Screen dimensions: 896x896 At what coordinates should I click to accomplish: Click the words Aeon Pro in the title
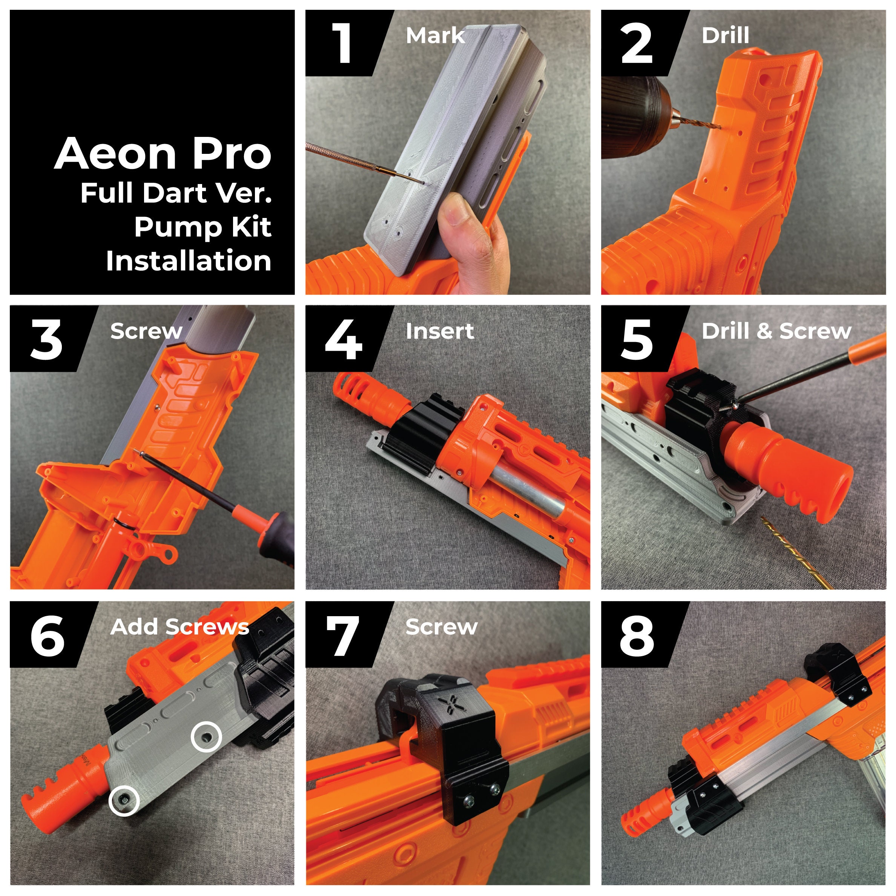(x=163, y=153)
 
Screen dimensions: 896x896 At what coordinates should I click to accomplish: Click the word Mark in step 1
(x=435, y=36)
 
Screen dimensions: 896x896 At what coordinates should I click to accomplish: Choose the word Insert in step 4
(x=440, y=331)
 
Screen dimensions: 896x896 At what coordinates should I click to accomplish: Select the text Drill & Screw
(x=776, y=331)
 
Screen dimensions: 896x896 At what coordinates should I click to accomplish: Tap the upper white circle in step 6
(x=206, y=736)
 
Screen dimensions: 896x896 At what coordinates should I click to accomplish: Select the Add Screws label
(x=180, y=627)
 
